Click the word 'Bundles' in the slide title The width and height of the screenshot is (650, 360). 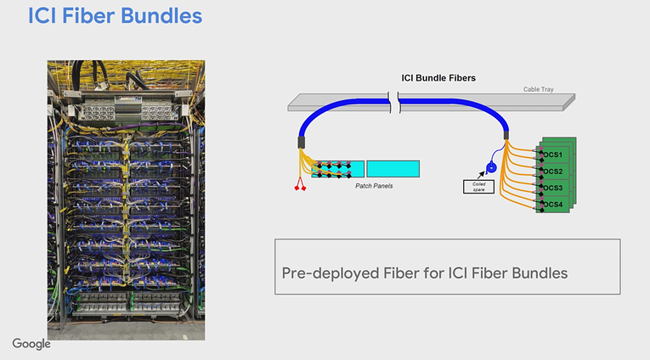click(x=161, y=16)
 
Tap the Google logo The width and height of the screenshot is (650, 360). click(x=31, y=344)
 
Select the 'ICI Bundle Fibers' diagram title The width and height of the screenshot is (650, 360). click(x=438, y=78)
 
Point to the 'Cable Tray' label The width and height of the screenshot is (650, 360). click(x=538, y=89)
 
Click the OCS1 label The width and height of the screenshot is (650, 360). click(x=552, y=155)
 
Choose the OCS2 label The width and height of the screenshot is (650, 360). click(x=552, y=172)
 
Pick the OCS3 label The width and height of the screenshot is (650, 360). click(x=552, y=188)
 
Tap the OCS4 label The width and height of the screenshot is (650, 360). click(x=552, y=205)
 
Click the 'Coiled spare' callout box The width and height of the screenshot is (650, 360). click(x=478, y=187)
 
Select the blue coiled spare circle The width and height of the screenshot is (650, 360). click(x=491, y=168)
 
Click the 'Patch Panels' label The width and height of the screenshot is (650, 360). click(x=374, y=186)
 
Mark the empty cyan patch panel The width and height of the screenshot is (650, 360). click(x=393, y=169)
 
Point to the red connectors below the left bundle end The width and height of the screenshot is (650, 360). click(x=300, y=184)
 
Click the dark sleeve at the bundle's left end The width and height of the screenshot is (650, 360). click(x=302, y=143)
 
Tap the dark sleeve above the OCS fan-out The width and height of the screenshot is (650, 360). click(x=506, y=136)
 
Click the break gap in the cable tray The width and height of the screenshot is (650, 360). click(x=393, y=103)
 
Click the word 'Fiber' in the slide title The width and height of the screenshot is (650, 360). click(x=88, y=16)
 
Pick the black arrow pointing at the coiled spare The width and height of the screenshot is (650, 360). click(x=481, y=175)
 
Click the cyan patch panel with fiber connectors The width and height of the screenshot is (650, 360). click(x=338, y=169)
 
